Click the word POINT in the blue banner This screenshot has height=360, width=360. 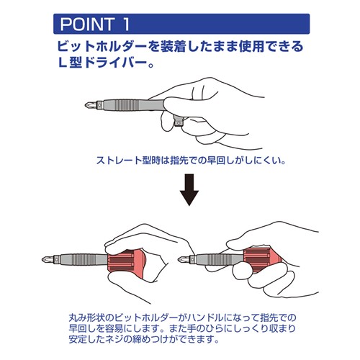pos(87,24)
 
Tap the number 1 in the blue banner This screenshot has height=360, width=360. pos(126,24)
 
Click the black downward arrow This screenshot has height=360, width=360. pos(189,189)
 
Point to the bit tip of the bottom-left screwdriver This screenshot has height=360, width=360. pos(48,259)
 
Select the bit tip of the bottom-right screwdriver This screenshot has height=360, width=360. pos(184,259)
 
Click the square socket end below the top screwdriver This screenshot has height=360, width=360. pos(179,122)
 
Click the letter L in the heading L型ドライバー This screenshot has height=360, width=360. pos(62,63)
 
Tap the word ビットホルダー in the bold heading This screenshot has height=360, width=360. pos(102,46)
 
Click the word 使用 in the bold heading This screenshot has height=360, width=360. pos(251,46)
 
